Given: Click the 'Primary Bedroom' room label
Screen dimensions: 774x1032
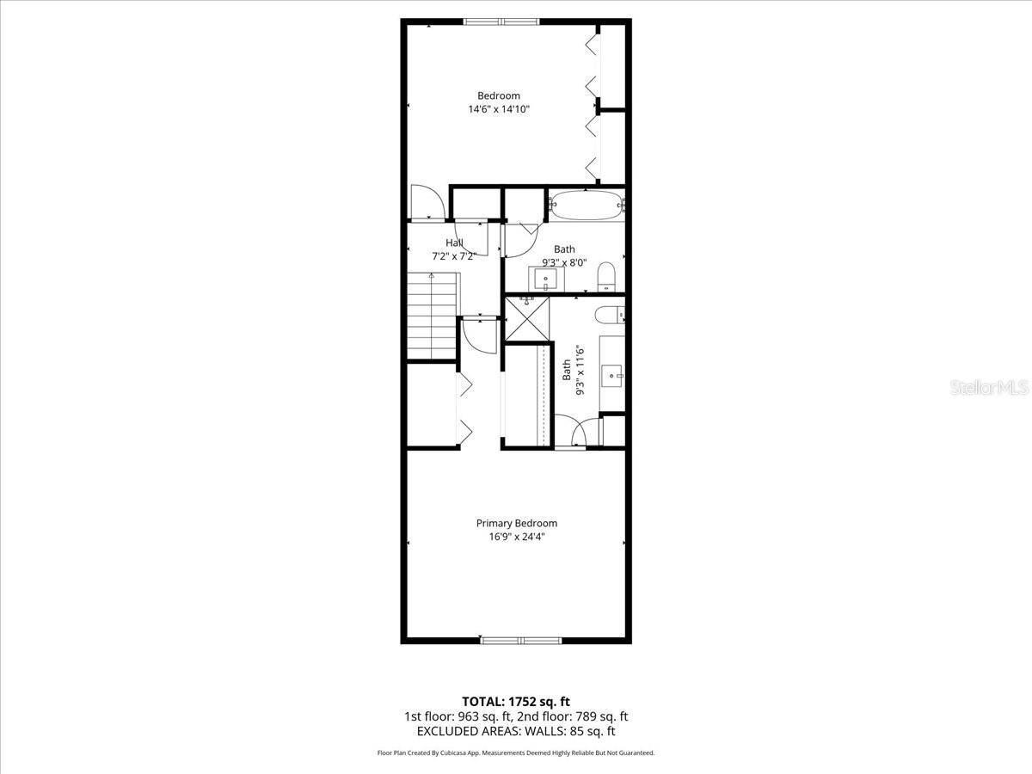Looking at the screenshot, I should pyautogui.click(x=516, y=523).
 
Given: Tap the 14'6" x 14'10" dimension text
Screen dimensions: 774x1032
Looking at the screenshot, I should pyautogui.click(x=499, y=109).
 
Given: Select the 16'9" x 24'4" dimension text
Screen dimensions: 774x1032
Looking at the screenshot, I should pyautogui.click(x=516, y=537).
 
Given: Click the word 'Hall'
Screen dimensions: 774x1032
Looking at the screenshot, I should pyautogui.click(x=454, y=243).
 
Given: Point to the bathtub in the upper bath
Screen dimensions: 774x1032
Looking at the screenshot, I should pyautogui.click(x=587, y=205).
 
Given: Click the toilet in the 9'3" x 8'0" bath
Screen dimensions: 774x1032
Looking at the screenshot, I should pyautogui.click(x=606, y=274).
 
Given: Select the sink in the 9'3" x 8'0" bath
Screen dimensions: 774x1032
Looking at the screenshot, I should pyautogui.click(x=545, y=279).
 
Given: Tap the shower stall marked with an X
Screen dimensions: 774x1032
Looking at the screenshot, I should pyautogui.click(x=525, y=318).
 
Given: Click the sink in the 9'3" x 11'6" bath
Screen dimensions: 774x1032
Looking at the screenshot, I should pyautogui.click(x=611, y=373).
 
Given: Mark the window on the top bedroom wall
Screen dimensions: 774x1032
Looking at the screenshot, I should pyautogui.click(x=501, y=21).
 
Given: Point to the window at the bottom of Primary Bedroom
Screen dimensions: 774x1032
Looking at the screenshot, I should pyautogui.click(x=520, y=640).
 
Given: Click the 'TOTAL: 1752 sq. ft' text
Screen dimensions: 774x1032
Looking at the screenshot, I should pyautogui.click(x=516, y=701).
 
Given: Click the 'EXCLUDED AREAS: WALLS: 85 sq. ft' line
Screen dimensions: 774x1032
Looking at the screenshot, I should pyautogui.click(x=516, y=731).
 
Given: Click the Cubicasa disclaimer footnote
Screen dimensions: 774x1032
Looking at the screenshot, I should pyautogui.click(x=516, y=752).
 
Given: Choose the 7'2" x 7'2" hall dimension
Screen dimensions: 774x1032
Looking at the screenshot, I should pyautogui.click(x=454, y=256).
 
